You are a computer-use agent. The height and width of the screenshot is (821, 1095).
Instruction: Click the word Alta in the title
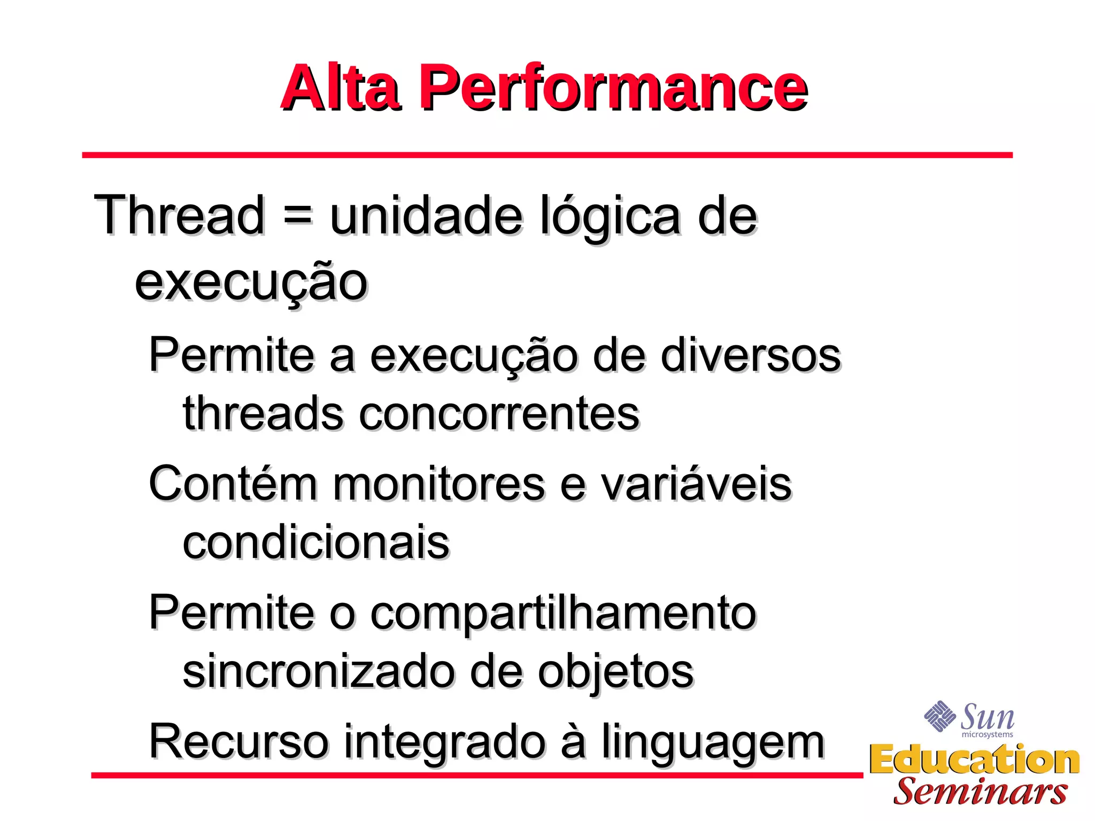click(x=340, y=88)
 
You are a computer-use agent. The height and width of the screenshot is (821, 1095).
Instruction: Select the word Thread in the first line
click(x=180, y=215)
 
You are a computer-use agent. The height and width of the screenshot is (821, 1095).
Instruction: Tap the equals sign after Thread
click(x=297, y=216)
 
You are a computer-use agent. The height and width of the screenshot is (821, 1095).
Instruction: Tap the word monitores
click(x=439, y=484)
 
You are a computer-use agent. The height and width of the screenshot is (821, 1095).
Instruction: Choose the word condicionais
click(x=316, y=543)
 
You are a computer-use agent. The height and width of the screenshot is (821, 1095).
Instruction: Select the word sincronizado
click(x=319, y=671)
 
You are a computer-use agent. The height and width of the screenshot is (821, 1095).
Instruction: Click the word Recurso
click(x=238, y=741)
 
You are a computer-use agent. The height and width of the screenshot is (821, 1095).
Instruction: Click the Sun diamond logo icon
click(x=939, y=716)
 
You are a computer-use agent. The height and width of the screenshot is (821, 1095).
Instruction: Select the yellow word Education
click(x=974, y=760)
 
